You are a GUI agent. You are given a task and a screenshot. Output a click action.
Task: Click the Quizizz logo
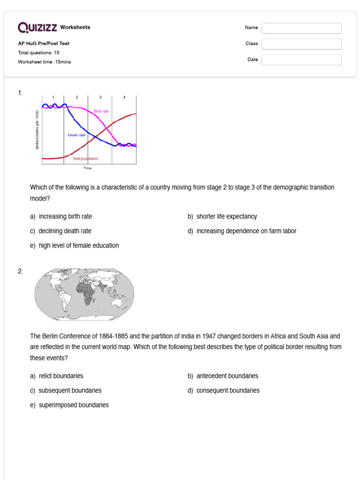tap(38, 28)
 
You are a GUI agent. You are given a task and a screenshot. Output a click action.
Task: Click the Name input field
tap(301, 28)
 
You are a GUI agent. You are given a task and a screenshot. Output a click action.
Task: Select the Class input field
tap(301, 44)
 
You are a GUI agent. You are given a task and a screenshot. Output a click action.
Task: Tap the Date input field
tap(301, 60)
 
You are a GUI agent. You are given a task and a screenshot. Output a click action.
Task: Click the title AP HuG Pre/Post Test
tap(44, 44)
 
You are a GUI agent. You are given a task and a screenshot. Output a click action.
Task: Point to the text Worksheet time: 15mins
tap(45, 62)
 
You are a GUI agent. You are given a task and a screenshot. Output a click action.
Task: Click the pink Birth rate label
tap(101, 111)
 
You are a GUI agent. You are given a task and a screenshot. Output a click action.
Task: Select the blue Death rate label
tap(77, 135)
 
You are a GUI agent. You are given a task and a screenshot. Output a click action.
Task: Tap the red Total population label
tap(85, 159)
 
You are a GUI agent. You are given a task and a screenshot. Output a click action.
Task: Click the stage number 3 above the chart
tap(100, 97)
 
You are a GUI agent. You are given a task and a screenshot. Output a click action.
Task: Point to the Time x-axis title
tap(88, 168)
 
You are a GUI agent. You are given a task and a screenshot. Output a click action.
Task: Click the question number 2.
tap(21, 271)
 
